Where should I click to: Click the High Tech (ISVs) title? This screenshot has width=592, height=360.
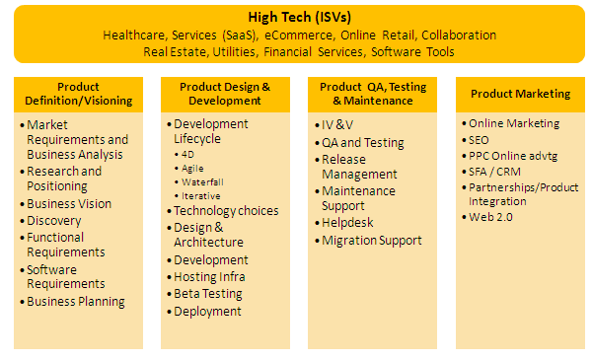[x=299, y=17]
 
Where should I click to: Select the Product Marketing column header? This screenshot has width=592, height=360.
[x=520, y=94]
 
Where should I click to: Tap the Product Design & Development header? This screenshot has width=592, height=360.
[x=225, y=94]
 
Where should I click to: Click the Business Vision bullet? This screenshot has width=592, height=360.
[x=69, y=204]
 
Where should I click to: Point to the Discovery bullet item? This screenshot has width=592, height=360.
[x=54, y=221]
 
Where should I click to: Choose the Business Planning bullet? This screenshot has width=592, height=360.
[x=76, y=302]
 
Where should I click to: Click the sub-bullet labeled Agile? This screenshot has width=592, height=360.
[x=192, y=169]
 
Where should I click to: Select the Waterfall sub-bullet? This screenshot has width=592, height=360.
[x=202, y=182]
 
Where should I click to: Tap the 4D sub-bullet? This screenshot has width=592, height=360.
[x=187, y=154]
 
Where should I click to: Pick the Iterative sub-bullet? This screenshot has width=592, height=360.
[x=201, y=196]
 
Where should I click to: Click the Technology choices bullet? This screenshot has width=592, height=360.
[x=226, y=210]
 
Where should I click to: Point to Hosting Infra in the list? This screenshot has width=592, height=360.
[x=209, y=277]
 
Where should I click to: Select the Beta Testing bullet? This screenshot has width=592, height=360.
[x=208, y=294]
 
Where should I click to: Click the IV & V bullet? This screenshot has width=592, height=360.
[x=337, y=125]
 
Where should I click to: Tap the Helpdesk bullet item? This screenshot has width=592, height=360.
[x=347, y=223]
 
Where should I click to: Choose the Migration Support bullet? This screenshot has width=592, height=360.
[x=372, y=241]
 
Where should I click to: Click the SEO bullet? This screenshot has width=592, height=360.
[x=479, y=140]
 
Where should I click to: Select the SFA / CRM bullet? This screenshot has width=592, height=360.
[x=494, y=172]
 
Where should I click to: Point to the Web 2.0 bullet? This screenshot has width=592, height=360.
[x=490, y=217]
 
